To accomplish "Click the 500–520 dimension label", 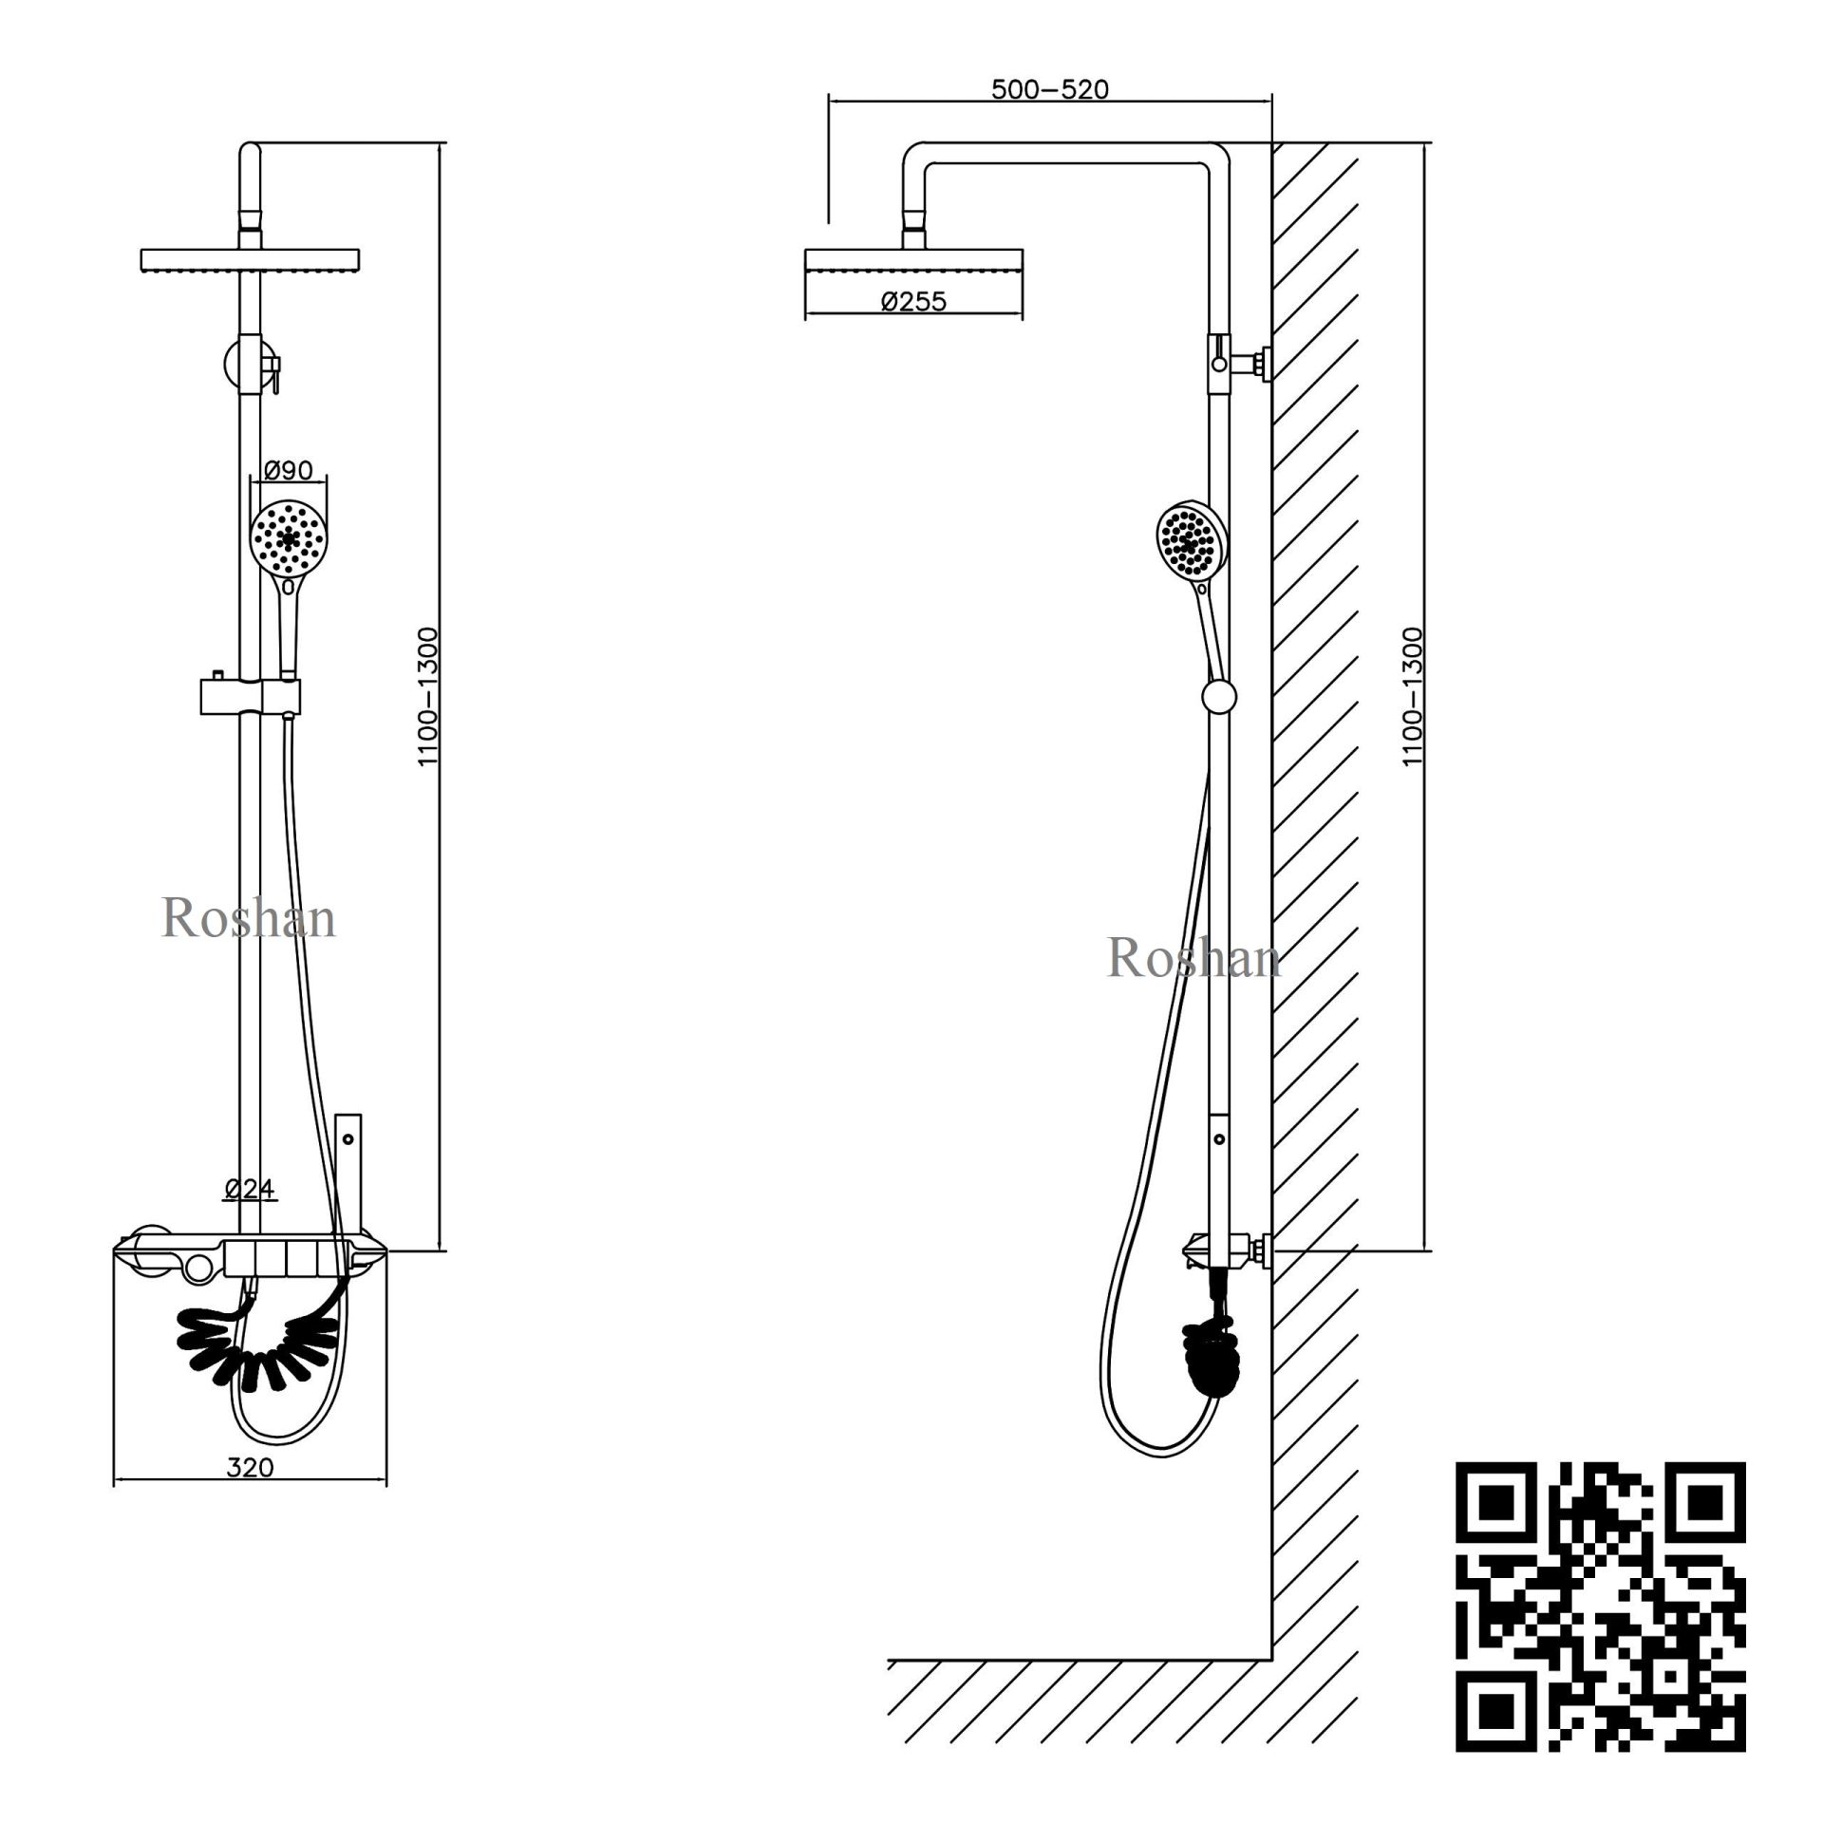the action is (1049, 89).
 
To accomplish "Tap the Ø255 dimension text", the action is (913, 302).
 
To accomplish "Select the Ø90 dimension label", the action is (288, 469).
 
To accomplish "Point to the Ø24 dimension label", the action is (250, 1188).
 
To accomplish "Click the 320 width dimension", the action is (251, 1467).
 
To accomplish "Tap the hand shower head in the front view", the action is (289, 537).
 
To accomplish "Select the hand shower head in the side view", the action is (1193, 541).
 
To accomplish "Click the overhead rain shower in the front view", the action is (250, 259).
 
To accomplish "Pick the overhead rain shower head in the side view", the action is (913, 259).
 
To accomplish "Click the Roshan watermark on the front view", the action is (249, 919).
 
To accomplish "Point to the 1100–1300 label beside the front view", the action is (428, 697).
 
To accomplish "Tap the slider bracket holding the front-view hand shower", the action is (250, 696).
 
